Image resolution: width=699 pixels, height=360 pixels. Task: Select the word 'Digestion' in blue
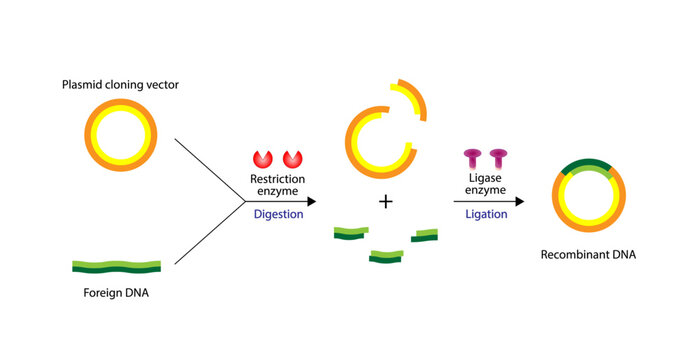(x=278, y=213)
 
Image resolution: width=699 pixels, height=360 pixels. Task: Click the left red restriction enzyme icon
(x=263, y=159)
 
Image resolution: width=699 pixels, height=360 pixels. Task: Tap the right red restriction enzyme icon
(x=293, y=159)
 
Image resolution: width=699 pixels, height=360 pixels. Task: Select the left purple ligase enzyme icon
(x=472, y=158)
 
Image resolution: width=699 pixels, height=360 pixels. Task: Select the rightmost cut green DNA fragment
(x=424, y=235)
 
